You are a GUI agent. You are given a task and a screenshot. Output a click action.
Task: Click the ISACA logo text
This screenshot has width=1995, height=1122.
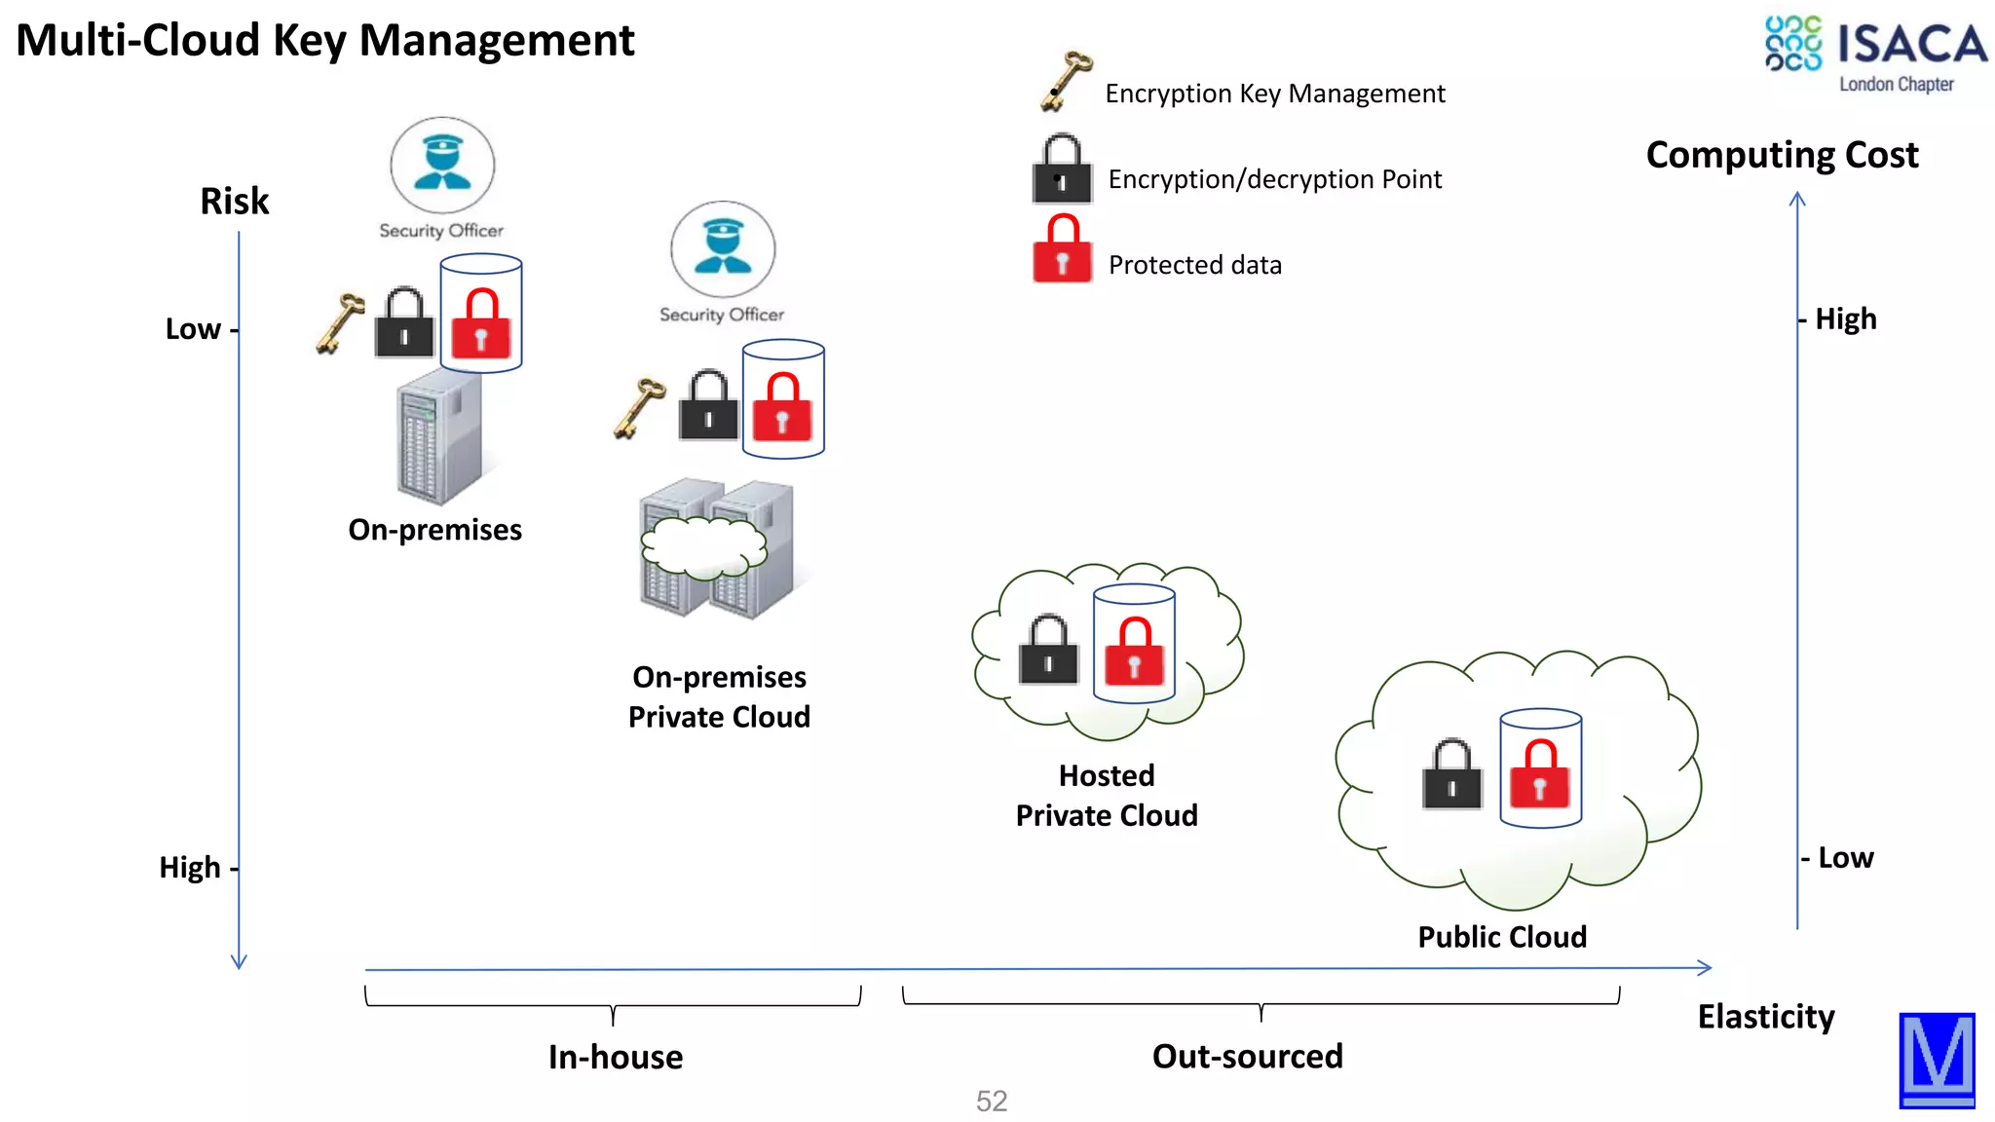click(1910, 45)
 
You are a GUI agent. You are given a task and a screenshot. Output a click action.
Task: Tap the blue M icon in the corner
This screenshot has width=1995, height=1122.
click(1937, 1059)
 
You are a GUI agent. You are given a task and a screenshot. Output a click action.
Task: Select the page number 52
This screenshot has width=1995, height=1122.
click(991, 1101)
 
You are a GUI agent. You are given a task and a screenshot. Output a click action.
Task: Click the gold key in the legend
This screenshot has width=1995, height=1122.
click(1065, 81)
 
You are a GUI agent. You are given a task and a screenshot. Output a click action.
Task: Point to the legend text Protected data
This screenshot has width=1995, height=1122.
click(1194, 265)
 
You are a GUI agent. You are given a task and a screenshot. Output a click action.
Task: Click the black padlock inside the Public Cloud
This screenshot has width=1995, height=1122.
click(1451, 775)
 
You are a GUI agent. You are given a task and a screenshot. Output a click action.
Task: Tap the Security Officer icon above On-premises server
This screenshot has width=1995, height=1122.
click(442, 165)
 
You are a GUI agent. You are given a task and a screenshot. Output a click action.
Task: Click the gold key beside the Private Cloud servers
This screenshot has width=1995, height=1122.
click(639, 407)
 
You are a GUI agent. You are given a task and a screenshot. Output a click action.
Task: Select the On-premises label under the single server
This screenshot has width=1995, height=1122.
click(434, 530)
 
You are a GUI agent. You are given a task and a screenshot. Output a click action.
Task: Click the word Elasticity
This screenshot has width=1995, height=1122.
click(1765, 1017)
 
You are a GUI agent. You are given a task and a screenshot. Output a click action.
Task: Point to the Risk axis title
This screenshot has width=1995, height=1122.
click(234, 202)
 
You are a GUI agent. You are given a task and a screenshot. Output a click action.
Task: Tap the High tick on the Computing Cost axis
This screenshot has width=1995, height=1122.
click(1843, 319)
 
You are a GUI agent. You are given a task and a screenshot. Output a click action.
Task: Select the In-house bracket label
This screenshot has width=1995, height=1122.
click(615, 1057)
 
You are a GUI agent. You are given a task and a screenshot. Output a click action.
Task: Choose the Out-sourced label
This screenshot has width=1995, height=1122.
click(1247, 1057)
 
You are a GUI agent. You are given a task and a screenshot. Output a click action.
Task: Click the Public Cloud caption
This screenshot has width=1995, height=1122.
click(1501, 937)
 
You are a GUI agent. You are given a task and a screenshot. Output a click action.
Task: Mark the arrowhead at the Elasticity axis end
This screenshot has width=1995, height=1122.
click(1706, 967)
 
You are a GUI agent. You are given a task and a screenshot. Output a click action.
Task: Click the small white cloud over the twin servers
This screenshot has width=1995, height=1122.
click(702, 548)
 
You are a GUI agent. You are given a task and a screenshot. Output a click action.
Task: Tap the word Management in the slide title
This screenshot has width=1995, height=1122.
click(496, 41)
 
